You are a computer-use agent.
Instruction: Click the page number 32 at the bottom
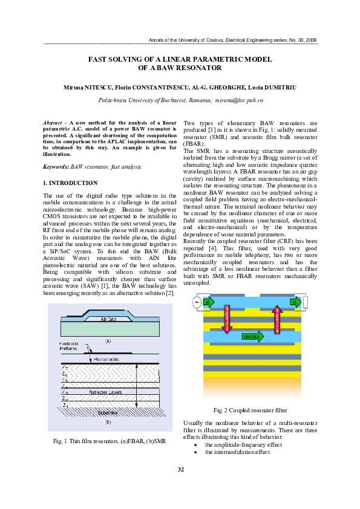pos(180,470)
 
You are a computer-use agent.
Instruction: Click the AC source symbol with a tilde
pos(196,302)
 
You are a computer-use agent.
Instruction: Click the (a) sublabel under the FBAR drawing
pos(108,340)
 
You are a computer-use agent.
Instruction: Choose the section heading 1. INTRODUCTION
pos(70,183)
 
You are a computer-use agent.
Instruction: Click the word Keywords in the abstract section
pos(56,165)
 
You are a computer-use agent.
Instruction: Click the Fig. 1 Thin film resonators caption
pos(109,441)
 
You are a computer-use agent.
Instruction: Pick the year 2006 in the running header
pos(310,40)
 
